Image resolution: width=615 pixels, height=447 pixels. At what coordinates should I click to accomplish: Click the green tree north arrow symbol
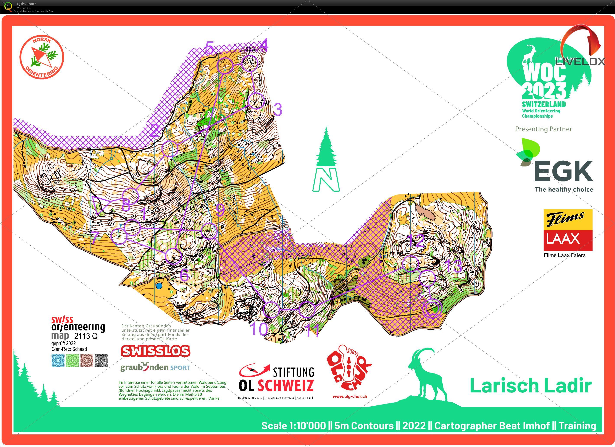coord(326,160)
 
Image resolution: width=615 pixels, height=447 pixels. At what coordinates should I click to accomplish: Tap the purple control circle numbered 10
coord(271,309)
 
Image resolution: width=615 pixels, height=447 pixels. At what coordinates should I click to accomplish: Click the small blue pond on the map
coord(159,286)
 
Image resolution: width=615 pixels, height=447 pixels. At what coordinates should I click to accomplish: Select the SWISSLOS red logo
coord(155,351)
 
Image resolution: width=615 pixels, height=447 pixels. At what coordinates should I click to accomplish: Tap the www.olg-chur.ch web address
coord(350,396)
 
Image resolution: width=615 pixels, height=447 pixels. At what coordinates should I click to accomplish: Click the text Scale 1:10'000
coord(293,426)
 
